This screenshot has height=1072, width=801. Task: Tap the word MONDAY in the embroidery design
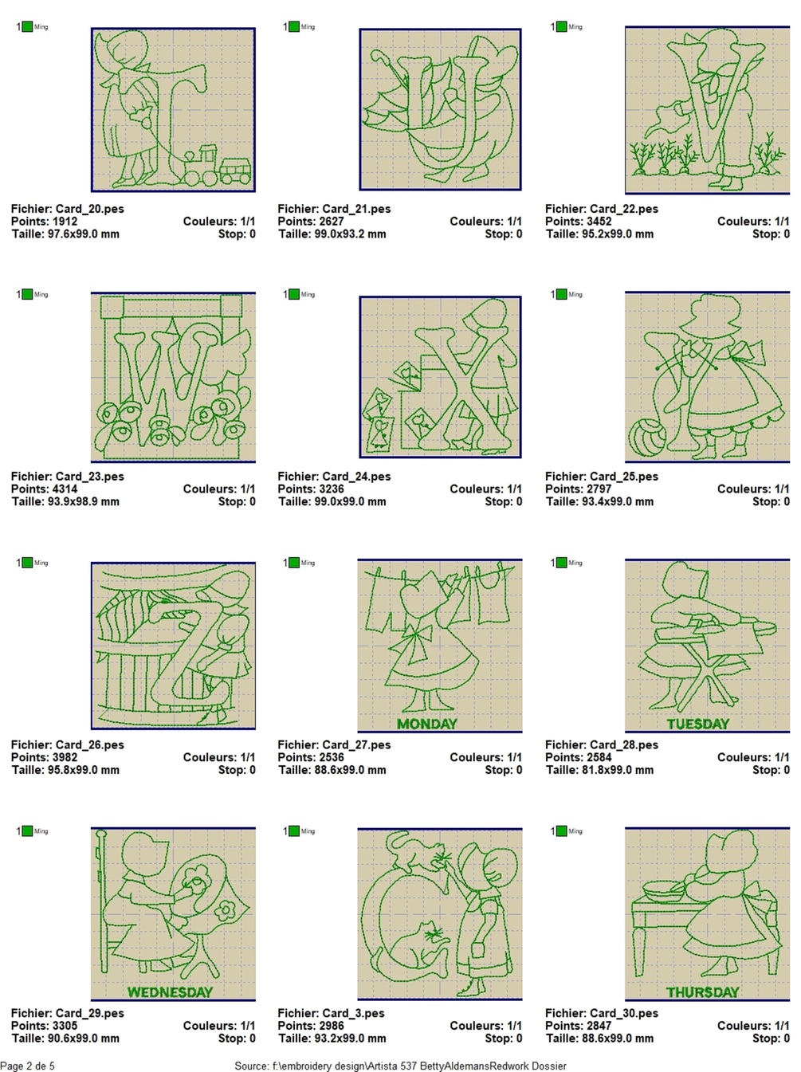[427, 724]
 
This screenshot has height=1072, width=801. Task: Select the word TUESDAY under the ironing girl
[698, 724]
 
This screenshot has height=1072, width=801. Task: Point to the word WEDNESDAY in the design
[170, 992]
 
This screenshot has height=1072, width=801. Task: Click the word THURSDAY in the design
[702, 992]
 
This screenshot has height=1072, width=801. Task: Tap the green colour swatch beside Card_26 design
[27, 563]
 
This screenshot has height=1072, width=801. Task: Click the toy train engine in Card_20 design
[200, 166]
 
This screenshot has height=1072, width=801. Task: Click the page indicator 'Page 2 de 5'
[28, 1066]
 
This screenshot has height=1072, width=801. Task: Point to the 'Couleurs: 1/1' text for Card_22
[753, 222]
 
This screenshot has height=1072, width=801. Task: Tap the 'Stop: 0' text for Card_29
[237, 1038]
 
